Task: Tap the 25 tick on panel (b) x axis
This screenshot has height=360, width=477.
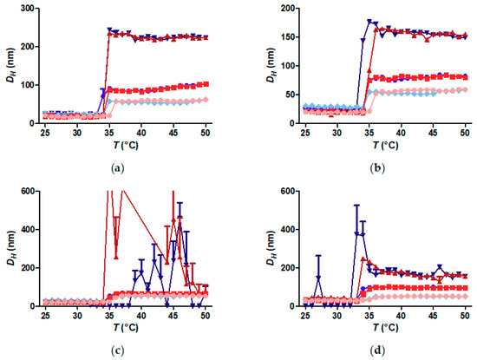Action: point(305,133)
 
